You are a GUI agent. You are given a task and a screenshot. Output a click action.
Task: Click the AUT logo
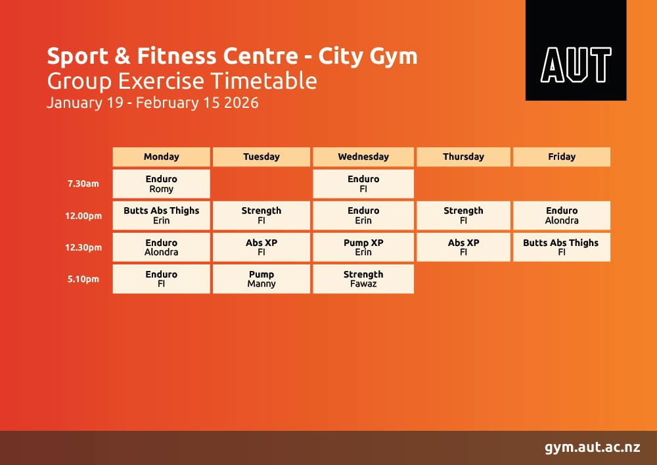click(x=576, y=51)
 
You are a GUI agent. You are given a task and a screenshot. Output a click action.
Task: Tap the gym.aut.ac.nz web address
click(x=592, y=448)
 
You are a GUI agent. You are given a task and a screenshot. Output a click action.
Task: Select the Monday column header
click(x=162, y=157)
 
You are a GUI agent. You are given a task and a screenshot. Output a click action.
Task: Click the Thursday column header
click(x=463, y=157)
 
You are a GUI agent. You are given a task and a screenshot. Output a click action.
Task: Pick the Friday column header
click(x=562, y=157)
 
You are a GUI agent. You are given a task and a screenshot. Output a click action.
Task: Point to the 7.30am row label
click(x=83, y=184)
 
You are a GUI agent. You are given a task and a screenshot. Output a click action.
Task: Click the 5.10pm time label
click(x=83, y=279)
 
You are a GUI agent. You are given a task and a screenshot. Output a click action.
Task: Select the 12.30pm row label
click(x=83, y=247)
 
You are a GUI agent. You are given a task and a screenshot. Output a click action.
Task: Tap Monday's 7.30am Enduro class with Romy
click(x=162, y=184)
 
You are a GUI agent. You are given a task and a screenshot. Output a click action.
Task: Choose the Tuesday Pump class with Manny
click(x=261, y=279)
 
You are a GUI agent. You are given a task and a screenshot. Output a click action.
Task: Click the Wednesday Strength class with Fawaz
click(x=363, y=279)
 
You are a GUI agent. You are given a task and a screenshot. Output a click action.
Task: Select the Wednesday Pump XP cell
click(x=363, y=247)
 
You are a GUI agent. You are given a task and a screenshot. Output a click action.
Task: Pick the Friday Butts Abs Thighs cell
click(x=562, y=247)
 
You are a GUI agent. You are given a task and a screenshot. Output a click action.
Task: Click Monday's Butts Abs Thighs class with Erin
click(x=162, y=216)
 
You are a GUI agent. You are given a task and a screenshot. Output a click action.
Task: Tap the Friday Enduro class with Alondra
click(x=562, y=216)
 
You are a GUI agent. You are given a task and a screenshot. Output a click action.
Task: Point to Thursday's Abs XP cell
click(x=463, y=247)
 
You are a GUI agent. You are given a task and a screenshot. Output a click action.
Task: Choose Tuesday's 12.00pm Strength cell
click(x=261, y=216)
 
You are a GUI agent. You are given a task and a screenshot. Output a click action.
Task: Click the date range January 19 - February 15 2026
click(x=152, y=103)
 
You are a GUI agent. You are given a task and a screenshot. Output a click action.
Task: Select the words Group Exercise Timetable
click(x=182, y=81)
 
